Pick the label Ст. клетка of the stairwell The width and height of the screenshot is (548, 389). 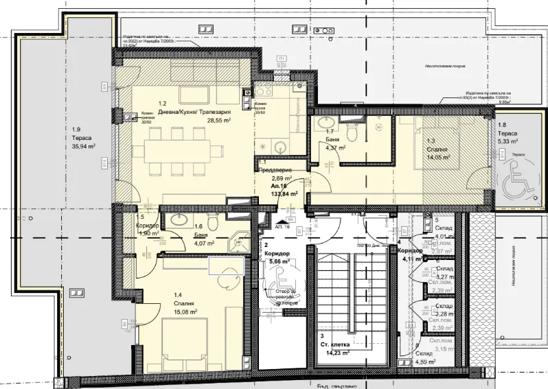(x=336, y=345)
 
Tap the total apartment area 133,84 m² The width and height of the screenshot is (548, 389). (x=284, y=193)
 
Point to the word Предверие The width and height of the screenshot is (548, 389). (x=274, y=169)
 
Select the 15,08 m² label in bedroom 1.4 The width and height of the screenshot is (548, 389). (x=185, y=311)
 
